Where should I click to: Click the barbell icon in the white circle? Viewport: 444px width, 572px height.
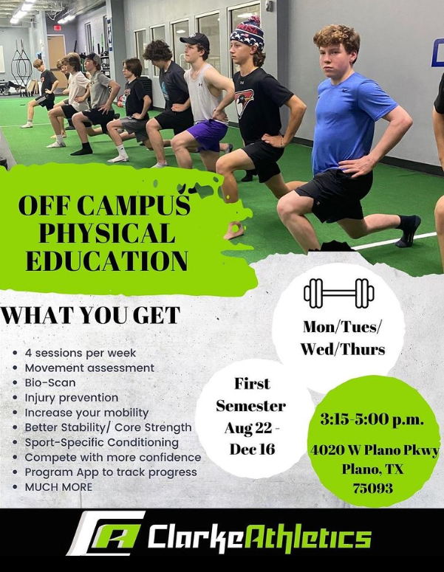[339, 293]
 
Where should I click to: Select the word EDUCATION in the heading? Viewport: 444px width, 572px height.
[107, 261]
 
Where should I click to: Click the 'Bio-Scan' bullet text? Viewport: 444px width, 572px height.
[50, 382]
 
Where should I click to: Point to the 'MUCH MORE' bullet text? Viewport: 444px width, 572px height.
[58, 487]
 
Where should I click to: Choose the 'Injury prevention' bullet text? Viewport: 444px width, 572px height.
[72, 398]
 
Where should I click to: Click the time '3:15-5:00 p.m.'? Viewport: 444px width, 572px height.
[372, 419]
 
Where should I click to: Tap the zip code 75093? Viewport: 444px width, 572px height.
[373, 488]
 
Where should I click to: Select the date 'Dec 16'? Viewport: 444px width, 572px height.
[252, 449]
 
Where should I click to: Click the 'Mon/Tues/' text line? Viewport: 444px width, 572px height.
[343, 327]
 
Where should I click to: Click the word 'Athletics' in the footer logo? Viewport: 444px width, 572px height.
[307, 537]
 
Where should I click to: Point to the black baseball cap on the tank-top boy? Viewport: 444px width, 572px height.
[195, 41]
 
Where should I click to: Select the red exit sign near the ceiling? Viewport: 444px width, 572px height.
[58, 28]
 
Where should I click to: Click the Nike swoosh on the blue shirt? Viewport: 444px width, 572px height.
[344, 90]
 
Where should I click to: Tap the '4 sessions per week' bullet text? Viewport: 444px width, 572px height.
[81, 353]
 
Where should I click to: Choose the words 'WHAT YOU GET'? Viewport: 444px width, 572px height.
[91, 315]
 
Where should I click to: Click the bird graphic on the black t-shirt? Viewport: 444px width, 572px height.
[244, 103]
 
